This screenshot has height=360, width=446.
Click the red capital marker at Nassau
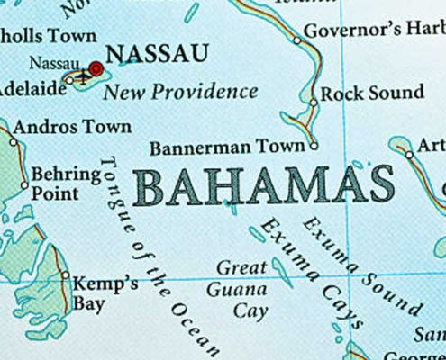(x=96, y=68)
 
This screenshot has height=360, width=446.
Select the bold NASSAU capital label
(x=157, y=54)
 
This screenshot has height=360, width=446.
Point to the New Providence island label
(x=180, y=92)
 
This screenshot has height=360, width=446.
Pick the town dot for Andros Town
(x=13, y=141)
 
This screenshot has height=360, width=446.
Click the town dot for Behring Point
(x=24, y=185)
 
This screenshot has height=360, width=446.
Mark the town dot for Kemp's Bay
(x=65, y=275)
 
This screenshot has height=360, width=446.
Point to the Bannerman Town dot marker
(x=313, y=145)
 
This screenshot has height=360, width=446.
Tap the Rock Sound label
(x=372, y=93)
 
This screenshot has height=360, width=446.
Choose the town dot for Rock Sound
(x=313, y=102)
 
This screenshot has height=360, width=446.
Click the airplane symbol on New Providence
(x=82, y=77)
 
